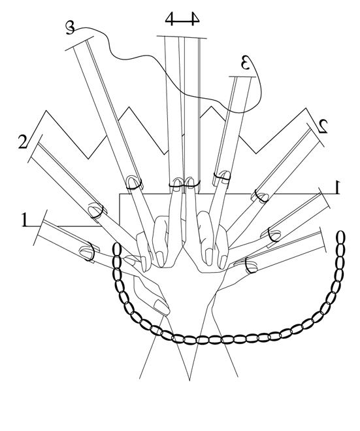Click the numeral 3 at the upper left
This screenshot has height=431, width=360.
70,28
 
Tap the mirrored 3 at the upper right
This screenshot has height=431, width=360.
246,62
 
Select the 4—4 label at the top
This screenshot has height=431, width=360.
182,19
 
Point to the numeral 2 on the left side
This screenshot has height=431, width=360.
22,141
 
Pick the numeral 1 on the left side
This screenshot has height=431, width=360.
25,220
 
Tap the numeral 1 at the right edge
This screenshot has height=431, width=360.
338,187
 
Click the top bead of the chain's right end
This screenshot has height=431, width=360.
341,237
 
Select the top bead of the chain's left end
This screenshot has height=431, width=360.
117,249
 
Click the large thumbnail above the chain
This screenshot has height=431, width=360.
161,307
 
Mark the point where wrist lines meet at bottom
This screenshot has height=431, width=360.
189,380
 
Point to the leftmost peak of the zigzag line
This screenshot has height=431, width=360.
46,111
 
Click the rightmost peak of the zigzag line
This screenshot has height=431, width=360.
306,109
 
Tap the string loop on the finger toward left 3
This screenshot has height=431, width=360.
134,183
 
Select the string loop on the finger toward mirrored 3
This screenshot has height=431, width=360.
222,177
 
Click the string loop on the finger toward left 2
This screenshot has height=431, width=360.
96,211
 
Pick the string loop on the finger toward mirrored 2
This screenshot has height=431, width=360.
259,196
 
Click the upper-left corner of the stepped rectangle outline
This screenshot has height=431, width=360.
120,194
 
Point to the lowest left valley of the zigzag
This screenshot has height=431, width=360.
88,159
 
